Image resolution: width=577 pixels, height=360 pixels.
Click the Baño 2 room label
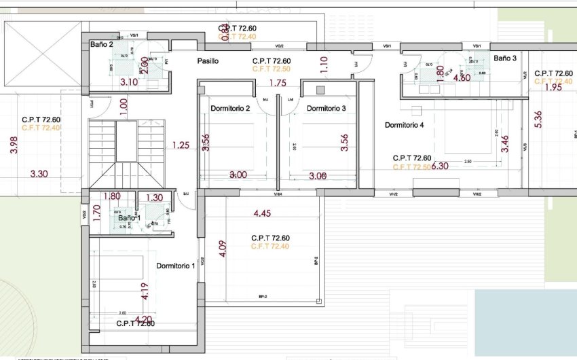pos(101,44)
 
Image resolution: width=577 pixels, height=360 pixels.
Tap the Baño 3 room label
pos(505,58)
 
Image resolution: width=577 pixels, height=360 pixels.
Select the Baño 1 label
pos(129,218)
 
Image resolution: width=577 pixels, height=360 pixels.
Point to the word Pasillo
pos(208,61)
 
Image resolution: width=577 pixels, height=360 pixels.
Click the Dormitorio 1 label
pos(176,266)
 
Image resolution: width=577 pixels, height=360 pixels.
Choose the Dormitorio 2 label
pos(231,109)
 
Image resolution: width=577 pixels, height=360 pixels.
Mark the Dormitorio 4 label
pos(405,125)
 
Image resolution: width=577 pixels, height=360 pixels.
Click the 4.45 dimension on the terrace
pos(263,214)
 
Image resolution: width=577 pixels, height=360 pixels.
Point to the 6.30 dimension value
pos(441,166)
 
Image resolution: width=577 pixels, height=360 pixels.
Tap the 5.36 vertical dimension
pos(538,120)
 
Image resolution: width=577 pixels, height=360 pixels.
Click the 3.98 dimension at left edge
pos(15,145)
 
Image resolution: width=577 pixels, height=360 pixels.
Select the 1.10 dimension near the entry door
pos(324,65)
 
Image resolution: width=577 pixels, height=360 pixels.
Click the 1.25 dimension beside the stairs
pos(181,145)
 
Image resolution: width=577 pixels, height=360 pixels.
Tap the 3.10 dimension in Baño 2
pos(129,82)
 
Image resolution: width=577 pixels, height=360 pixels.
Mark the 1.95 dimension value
pos(553,87)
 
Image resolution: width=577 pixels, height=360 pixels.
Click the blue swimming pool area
pos(524,321)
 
